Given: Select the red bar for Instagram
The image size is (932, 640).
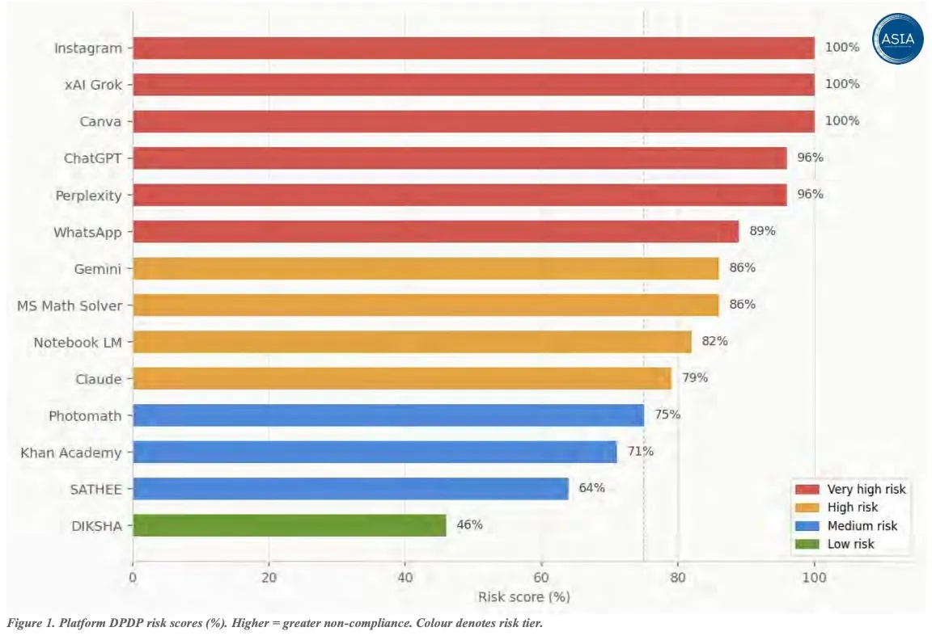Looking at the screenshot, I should [x=473, y=48].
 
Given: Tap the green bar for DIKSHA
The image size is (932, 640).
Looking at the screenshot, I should [x=289, y=525].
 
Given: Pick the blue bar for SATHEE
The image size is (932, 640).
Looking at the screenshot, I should [x=350, y=488].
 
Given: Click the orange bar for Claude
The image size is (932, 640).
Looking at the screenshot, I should [x=402, y=378].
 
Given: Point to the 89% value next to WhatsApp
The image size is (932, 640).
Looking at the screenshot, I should [x=762, y=231].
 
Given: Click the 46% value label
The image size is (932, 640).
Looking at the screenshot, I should [x=469, y=524].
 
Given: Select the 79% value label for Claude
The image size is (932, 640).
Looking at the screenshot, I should [x=694, y=377].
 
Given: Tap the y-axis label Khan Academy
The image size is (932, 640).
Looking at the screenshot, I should [x=71, y=452].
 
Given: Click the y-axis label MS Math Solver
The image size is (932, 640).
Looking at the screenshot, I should [x=70, y=305].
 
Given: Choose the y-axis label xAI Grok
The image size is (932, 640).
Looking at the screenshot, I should [x=93, y=84].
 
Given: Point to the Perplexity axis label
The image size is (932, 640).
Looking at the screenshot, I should [x=88, y=195].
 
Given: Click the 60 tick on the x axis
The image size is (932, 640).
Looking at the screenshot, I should [x=541, y=577].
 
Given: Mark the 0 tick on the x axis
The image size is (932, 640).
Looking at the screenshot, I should [x=133, y=577].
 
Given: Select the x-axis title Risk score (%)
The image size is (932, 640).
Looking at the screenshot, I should [x=523, y=597].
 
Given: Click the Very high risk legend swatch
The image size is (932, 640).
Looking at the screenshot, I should [x=807, y=490].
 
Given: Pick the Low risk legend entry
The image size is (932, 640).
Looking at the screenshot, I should [x=850, y=544].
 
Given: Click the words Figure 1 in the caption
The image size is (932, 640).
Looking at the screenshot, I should [x=30, y=624].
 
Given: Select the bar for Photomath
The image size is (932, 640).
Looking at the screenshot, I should [x=388, y=415].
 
